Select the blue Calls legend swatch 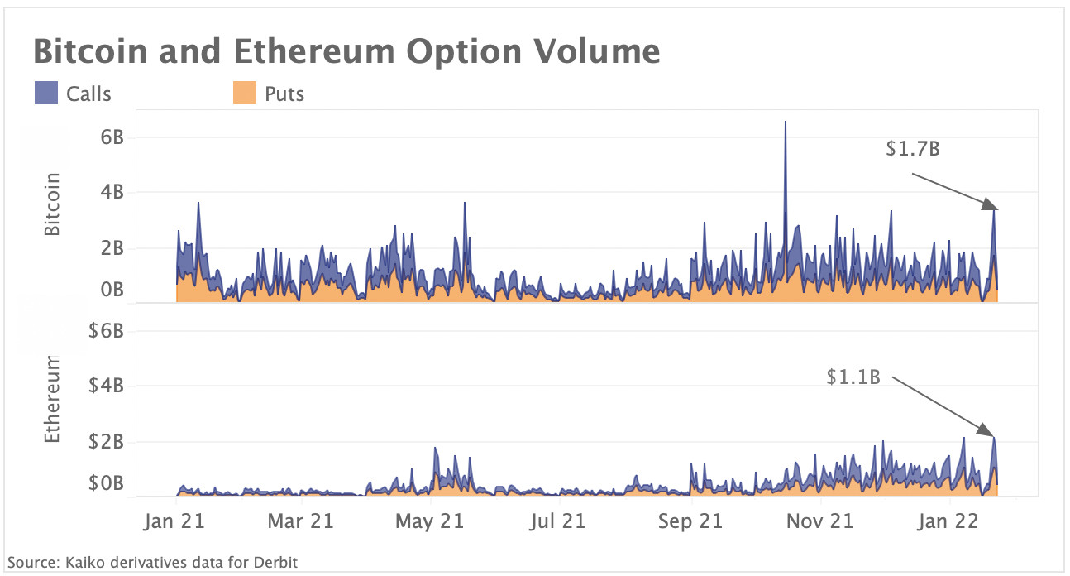point(45,93)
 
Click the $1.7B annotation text point(912,150)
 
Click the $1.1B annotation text point(853,377)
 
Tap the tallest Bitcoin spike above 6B point(785,123)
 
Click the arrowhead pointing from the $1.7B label point(991,204)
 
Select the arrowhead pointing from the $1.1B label point(986,430)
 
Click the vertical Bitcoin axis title point(54,204)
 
